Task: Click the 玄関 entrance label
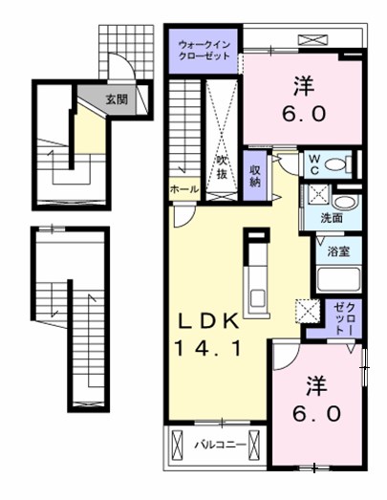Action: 117,99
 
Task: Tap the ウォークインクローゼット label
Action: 204,51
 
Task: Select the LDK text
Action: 208,322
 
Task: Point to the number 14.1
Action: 207,348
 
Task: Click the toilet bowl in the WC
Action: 335,164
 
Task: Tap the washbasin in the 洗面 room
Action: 345,203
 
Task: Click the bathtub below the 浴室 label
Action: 339,279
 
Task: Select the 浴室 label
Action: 338,252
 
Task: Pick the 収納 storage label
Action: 255,176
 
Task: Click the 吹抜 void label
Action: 221,167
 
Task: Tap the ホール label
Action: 184,189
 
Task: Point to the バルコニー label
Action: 221,445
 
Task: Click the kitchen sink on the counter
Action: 257,298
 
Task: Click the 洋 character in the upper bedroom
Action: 304,85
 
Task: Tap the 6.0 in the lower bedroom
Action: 317,414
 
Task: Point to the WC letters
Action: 314,164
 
